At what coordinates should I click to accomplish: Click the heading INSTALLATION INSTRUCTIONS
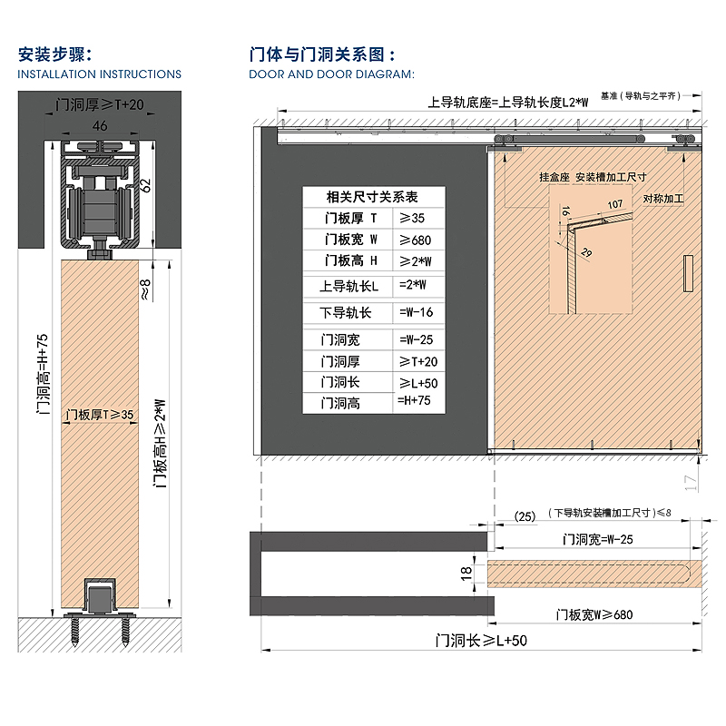pos(100,74)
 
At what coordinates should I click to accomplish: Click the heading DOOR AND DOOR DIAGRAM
pos(331,74)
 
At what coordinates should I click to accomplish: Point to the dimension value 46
pos(100,125)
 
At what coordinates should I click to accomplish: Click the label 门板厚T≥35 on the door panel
pos(100,415)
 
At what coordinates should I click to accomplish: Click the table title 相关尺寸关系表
pos(373,196)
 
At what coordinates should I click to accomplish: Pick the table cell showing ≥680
pos(417,240)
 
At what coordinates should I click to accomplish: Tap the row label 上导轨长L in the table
pos(348,287)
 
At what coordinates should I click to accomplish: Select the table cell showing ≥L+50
pos(417,383)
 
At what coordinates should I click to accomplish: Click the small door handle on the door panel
pos(686,275)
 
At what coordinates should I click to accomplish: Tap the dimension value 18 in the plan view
pos(467,573)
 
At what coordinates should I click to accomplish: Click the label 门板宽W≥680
pos(594,614)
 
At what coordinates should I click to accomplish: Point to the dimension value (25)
pos(525,515)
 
